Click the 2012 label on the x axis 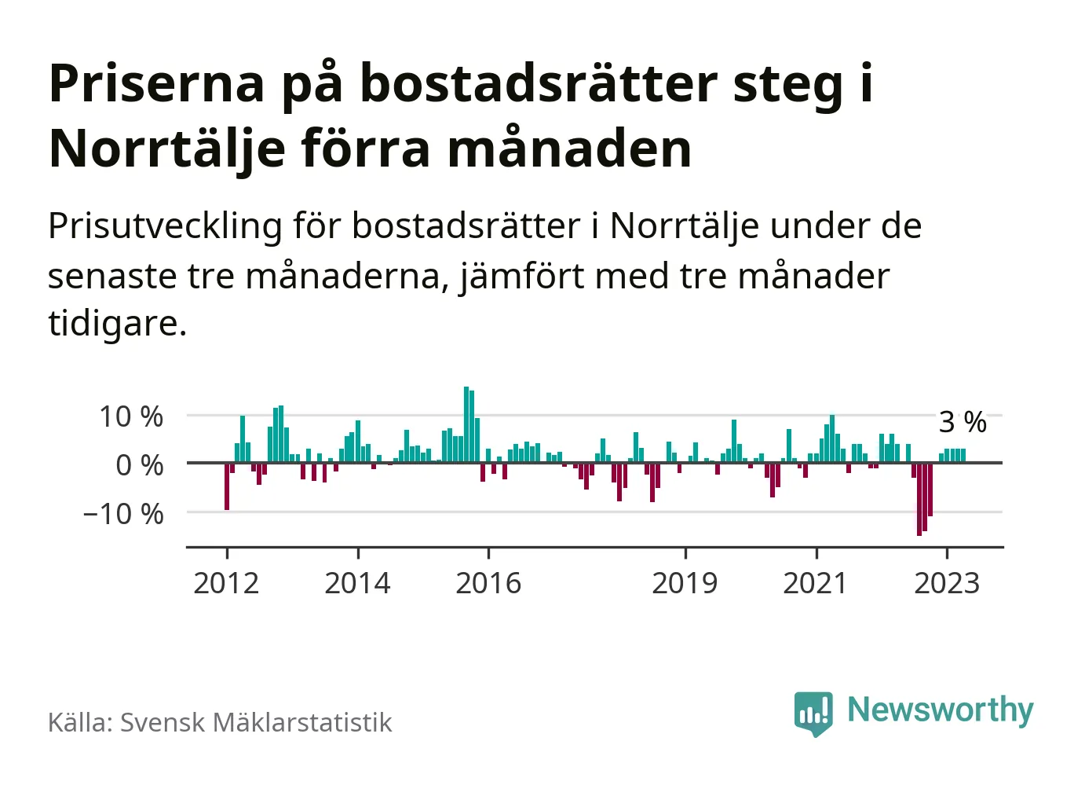[226, 583]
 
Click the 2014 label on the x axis [357, 583]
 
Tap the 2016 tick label [488, 583]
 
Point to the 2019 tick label [685, 583]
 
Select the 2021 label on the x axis [816, 583]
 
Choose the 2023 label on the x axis [947, 583]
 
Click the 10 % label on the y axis [131, 416]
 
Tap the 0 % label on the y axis [140, 465]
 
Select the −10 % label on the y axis [123, 514]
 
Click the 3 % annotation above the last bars [963, 422]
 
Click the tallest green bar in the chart [466, 424]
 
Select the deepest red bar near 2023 [919, 499]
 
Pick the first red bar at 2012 [227, 486]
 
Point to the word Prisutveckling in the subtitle [165, 226]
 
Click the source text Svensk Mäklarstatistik [256, 722]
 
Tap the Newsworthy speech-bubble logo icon [813, 713]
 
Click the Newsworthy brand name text [941, 710]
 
